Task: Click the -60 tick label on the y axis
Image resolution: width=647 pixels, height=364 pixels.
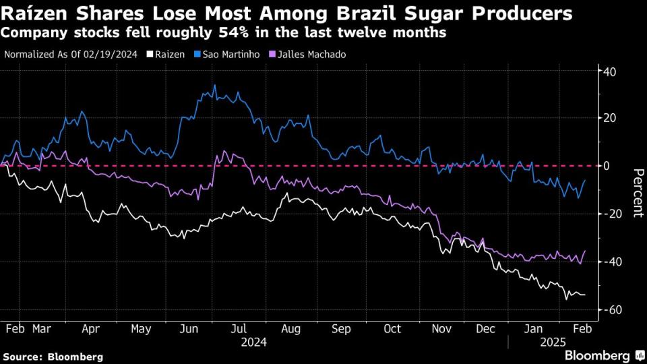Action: [611, 309]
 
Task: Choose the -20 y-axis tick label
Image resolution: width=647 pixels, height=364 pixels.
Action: [611, 214]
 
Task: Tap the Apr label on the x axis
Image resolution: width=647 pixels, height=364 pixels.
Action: [90, 329]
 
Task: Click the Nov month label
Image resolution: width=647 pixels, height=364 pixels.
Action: [441, 329]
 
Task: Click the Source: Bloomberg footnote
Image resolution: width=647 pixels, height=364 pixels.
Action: [53, 357]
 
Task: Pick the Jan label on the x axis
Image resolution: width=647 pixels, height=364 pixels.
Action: [533, 329]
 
